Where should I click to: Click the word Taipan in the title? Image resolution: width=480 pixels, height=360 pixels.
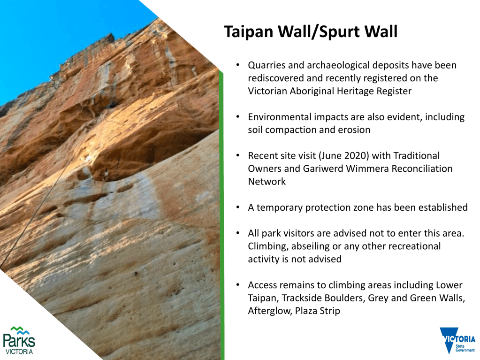249,32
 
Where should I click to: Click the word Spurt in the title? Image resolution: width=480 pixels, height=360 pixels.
339,32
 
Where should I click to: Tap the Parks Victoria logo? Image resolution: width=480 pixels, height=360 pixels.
19,340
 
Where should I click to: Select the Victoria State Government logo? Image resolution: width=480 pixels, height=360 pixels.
457,340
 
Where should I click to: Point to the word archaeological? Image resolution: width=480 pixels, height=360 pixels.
338,66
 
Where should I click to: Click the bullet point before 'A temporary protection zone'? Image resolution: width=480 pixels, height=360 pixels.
238,208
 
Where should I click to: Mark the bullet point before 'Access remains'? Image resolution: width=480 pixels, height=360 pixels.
238,285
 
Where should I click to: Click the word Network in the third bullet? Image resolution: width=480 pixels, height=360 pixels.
267,182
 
